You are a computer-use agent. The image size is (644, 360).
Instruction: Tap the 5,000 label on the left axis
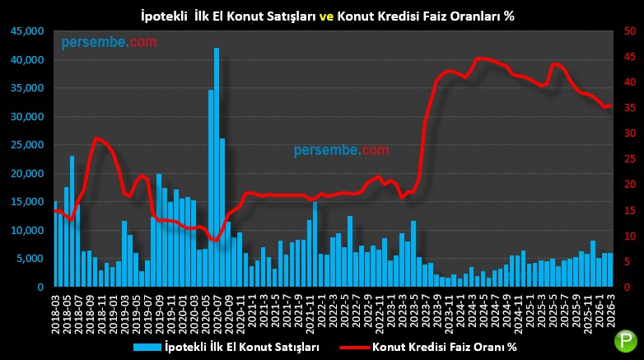tap(32, 259)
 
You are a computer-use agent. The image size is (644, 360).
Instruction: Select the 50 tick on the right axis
tap(629, 31)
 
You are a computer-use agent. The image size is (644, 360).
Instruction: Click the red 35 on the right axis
tap(629, 108)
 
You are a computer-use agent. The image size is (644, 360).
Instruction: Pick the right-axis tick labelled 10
tap(629, 236)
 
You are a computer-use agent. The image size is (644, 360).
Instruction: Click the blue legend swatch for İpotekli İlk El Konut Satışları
tap(147, 347)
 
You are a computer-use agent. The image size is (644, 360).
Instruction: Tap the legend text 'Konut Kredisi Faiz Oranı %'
tap(445, 347)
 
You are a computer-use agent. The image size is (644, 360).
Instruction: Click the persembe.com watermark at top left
tap(109, 43)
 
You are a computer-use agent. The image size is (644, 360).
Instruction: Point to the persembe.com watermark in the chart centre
tap(341, 150)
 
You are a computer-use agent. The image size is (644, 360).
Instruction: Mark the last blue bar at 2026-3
tap(610, 270)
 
